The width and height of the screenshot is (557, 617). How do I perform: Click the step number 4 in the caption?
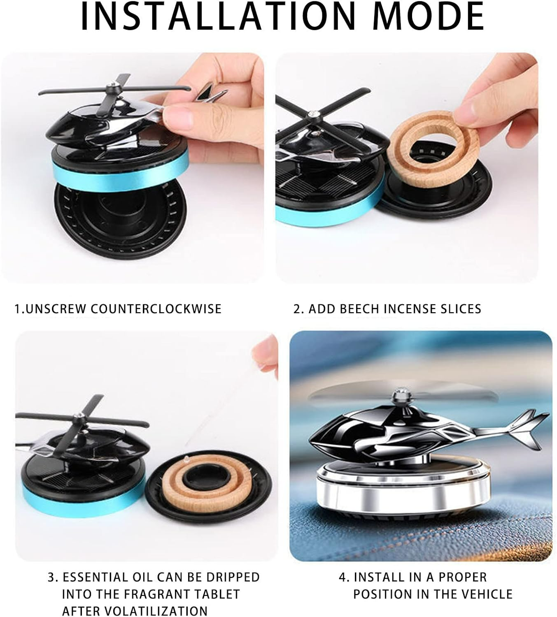(343, 577)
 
